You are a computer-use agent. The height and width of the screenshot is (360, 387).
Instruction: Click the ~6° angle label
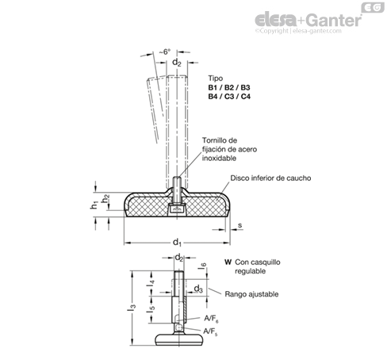pos(165,52)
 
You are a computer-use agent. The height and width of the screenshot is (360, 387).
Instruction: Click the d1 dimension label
pos(177,242)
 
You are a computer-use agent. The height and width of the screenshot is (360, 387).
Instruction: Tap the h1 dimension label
pos(94,205)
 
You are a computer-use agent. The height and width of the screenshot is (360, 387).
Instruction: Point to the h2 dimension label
pos(105,198)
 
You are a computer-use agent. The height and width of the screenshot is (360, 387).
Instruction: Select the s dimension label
pos(239,225)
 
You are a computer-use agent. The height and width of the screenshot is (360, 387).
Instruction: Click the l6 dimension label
pos(202,266)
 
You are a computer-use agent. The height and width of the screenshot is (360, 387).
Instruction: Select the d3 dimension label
pos(198,289)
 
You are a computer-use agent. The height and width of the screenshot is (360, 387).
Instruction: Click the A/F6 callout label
pos(211,319)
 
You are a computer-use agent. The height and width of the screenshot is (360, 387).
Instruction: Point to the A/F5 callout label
pos(210,331)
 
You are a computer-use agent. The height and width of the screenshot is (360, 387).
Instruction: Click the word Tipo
pos(215,79)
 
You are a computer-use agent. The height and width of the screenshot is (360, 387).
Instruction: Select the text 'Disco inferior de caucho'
pos(270,178)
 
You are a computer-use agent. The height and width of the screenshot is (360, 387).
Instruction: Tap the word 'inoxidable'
pos(219,159)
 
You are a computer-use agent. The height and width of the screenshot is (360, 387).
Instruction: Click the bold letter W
pos(228,262)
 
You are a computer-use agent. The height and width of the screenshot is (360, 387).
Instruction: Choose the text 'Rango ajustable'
pos(251,294)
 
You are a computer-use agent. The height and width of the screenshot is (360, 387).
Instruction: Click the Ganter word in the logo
pos(335,20)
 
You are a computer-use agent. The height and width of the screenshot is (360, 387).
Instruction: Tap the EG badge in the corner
pos(373,7)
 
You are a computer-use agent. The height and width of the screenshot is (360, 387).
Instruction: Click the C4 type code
pos(245,97)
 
